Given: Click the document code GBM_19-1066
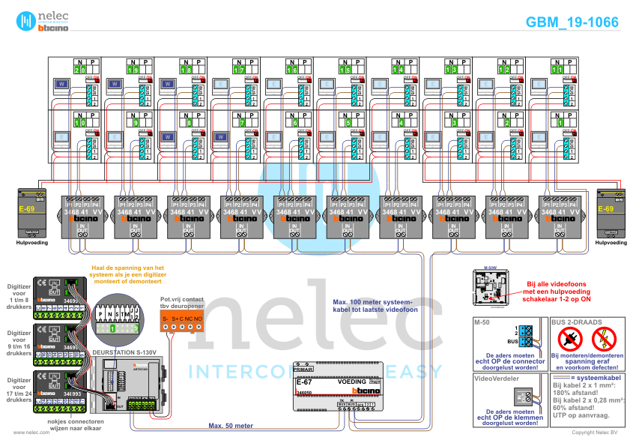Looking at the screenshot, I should pyautogui.click(x=572, y=22).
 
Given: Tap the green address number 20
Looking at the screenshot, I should pyautogui.click(x=80, y=69).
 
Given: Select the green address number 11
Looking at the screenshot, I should pyautogui.click(x=557, y=69).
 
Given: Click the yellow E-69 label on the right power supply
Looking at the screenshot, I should pyautogui.click(x=605, y=209).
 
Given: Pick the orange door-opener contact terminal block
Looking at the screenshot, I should pyautogui.click(x=182, y=320).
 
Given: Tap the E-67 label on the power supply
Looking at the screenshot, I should pyautogui.click(x=304, y=382).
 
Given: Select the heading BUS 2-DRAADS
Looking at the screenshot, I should pyautogui.click(x=576, y=322).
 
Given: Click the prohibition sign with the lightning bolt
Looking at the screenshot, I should pyautogui.click(x=605, y=340).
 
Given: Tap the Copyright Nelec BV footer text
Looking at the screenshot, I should pyautogui.click(x=595, y=433).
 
